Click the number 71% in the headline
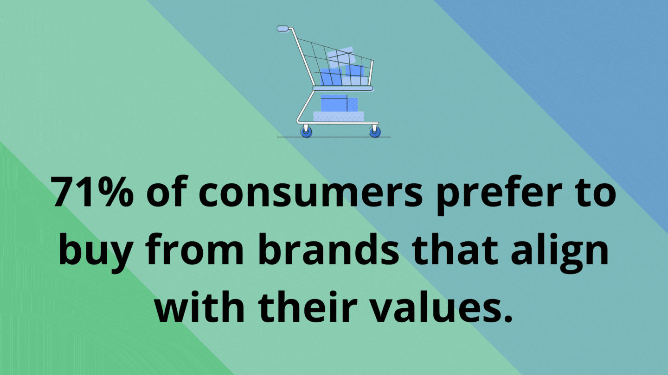tap(92, 191)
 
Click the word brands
tap(328, 249)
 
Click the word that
tap(455, 249)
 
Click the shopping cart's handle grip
tap(283, 28)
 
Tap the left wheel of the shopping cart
tap(306, 131)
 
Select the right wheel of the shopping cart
tap(375, 131)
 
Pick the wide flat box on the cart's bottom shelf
tap(339, 116)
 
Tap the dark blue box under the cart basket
tap(334, 103)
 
